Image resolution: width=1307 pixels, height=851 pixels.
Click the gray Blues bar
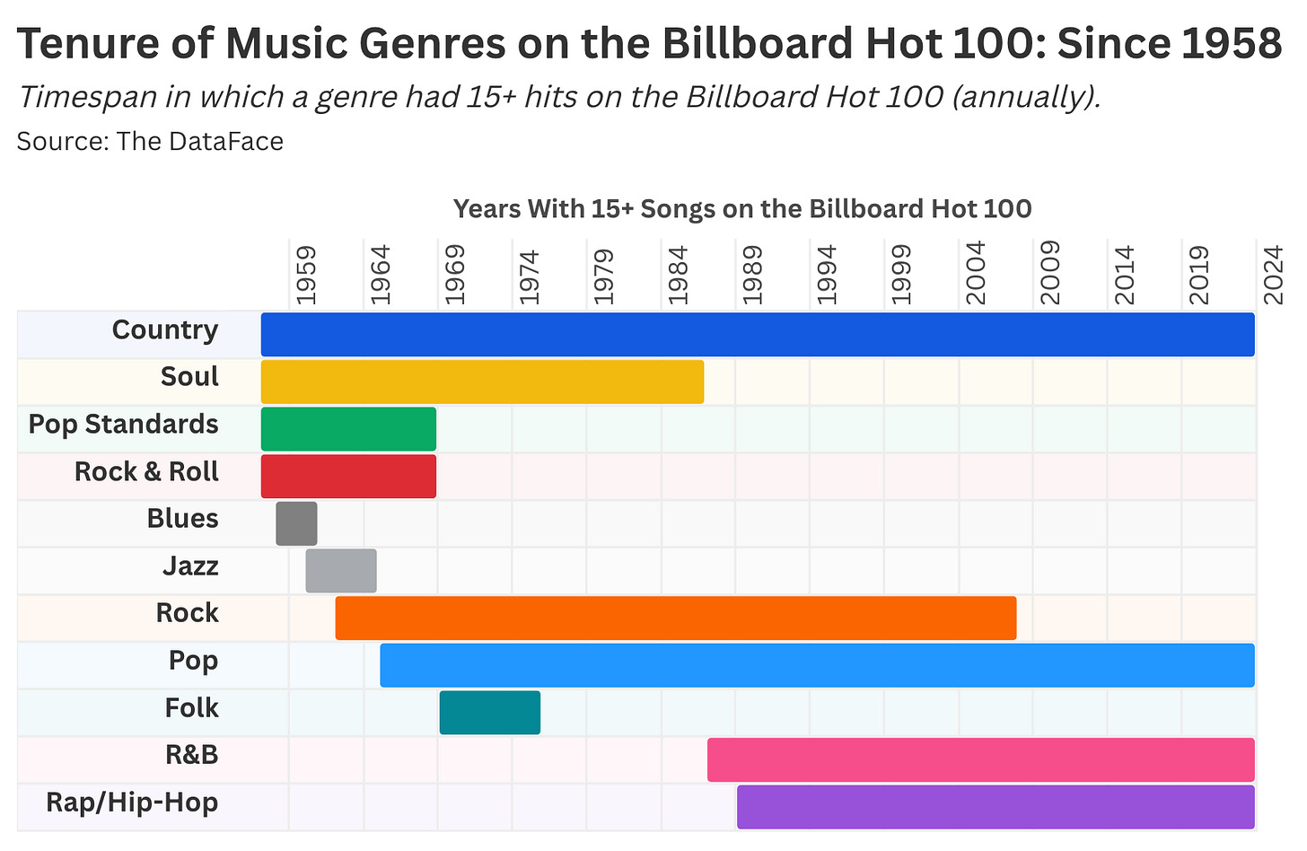click(x=296, y=523)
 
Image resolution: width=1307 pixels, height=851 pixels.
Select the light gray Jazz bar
click(x=341, y=571)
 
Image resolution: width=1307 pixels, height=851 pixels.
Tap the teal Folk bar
click(x=490, y=713)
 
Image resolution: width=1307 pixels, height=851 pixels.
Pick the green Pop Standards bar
click(x=348, y=429)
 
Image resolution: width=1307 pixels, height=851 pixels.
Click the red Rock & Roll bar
click(x=348, y=476)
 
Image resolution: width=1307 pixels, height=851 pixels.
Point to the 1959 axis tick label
click(x=306, y=273)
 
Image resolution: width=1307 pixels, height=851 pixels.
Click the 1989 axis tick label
click(x=752, y=273)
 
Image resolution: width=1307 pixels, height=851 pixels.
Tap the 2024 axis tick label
click(x=1273, y=273)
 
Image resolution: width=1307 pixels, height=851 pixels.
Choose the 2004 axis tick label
click(x=976, y=273)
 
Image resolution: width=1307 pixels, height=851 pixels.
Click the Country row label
click(x=165, y=330)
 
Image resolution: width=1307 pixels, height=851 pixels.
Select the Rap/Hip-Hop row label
click(x=132, y=803)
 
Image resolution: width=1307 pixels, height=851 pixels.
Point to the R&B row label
click(x=192, y=755)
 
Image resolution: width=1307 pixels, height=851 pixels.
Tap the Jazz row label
click(x=190, y=566)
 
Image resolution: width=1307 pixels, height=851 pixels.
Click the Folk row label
click(x=191, y=708)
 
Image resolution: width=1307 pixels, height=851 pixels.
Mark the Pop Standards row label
click(x=124, y=425)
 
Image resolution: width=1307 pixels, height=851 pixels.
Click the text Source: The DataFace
click(x=150, y=141)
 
